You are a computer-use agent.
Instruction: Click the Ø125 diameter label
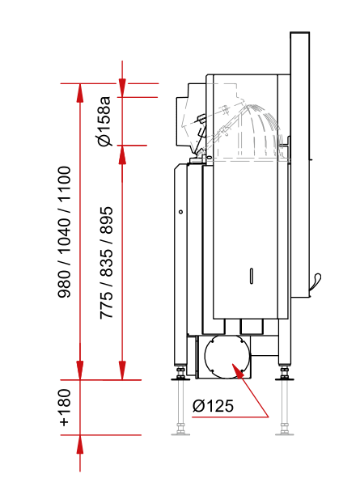click(213, 406)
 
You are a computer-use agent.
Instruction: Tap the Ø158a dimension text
click(104, 121)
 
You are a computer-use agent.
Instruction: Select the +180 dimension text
click(65, 408)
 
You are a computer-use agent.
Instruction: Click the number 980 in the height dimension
click(64, 284)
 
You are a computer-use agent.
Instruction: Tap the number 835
click(106, 263)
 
